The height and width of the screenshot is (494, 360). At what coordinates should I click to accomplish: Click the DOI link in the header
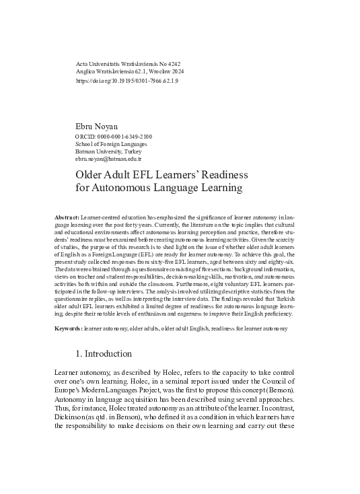[127, 80]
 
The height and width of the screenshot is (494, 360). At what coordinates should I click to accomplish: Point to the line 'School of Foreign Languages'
[110, 144]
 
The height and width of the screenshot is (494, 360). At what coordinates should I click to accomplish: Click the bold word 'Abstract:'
[66, 219]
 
